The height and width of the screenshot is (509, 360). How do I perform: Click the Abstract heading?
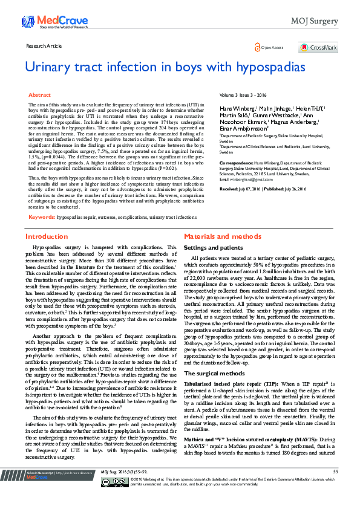point(40,95)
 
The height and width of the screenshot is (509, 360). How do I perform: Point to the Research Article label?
point(45,46)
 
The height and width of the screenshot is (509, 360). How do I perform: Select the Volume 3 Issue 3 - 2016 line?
point(243,96)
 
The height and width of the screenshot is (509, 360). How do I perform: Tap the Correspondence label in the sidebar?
point(235,162)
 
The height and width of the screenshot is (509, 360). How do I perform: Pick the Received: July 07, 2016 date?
point(244,189)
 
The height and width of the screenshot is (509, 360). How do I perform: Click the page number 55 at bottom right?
point(336,488)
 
